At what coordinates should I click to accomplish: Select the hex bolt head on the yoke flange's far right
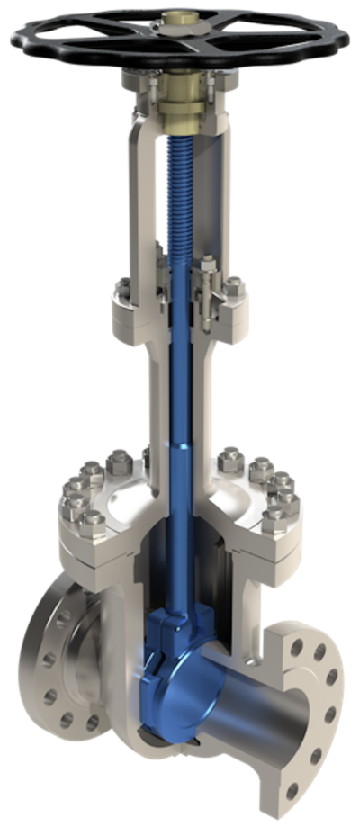(x=236, y=289)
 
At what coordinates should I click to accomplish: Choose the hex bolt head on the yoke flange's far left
(x=120, y=289)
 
